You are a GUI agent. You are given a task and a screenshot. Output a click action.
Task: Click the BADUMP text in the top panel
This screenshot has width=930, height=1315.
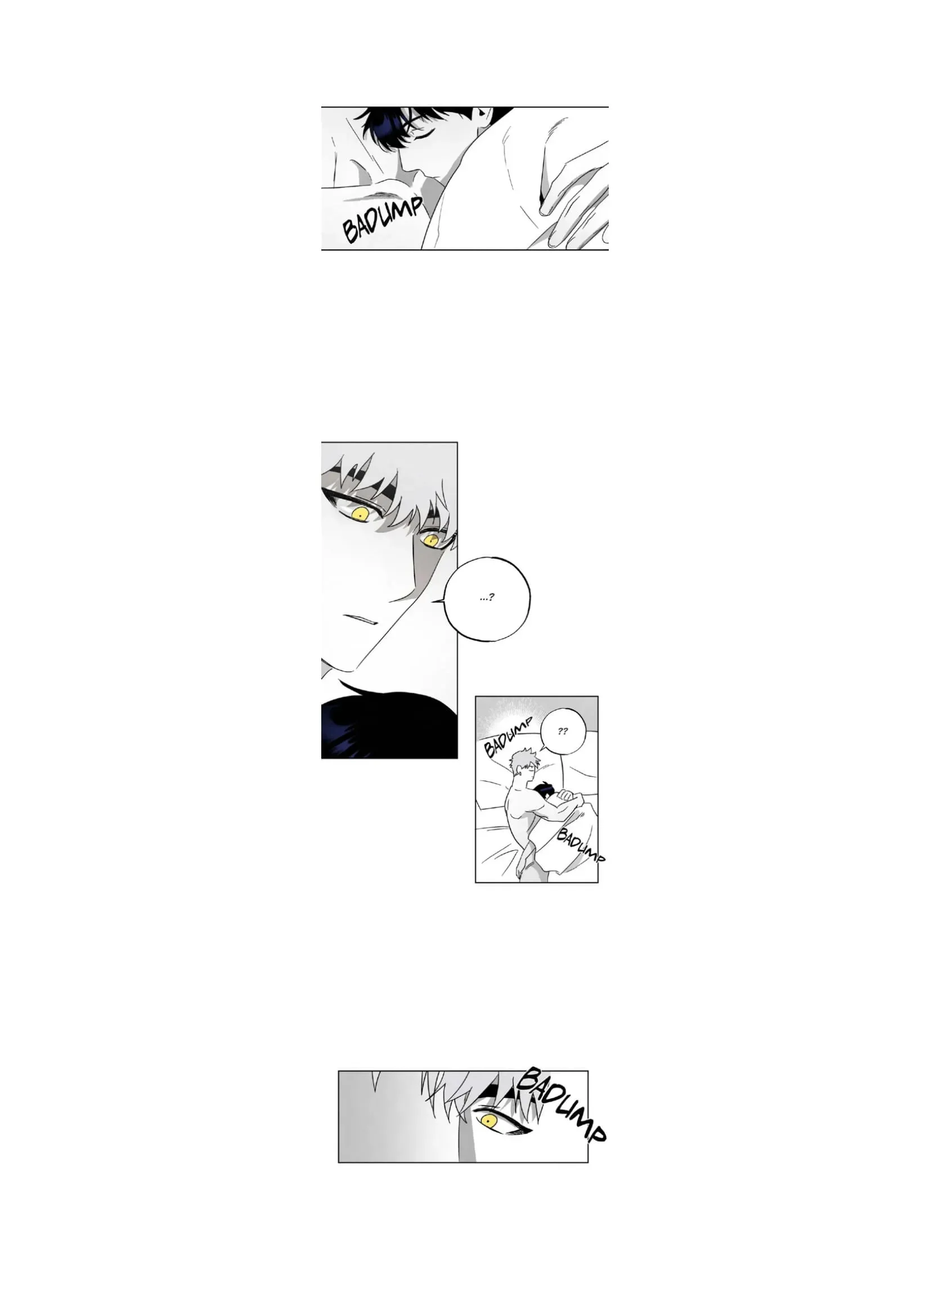(x=383, y=219)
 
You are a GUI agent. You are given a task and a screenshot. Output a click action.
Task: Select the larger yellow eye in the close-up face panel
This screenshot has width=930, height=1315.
(x=360, y=514)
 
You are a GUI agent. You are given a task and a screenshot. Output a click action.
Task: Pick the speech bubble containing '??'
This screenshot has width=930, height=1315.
(x=563, y=731)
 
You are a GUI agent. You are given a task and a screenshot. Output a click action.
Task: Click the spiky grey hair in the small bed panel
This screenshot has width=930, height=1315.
(x=522, y=759)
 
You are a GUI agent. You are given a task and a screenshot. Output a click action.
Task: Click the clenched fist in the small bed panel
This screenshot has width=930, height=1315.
(x=567, y=796)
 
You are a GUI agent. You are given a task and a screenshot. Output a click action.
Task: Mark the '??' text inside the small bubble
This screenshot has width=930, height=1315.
(x=563, y=731)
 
